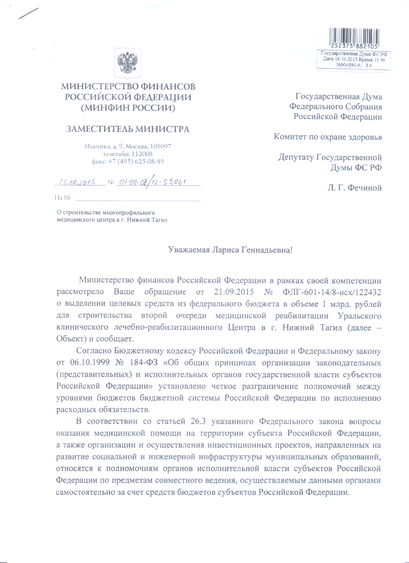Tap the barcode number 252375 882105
(354, 47)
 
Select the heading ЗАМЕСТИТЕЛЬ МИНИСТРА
(128, 129)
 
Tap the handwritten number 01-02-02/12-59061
(152, 182)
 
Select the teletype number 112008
(142, 154)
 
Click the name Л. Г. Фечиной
(354, 188)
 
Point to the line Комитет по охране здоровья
(328, 137)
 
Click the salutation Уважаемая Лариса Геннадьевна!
(230, 250)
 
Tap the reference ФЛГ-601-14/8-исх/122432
(331, 292)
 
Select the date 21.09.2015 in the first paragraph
(234, 292)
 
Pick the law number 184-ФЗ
(143, 363)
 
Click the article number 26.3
(198, 422)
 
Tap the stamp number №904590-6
(348, 65)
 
